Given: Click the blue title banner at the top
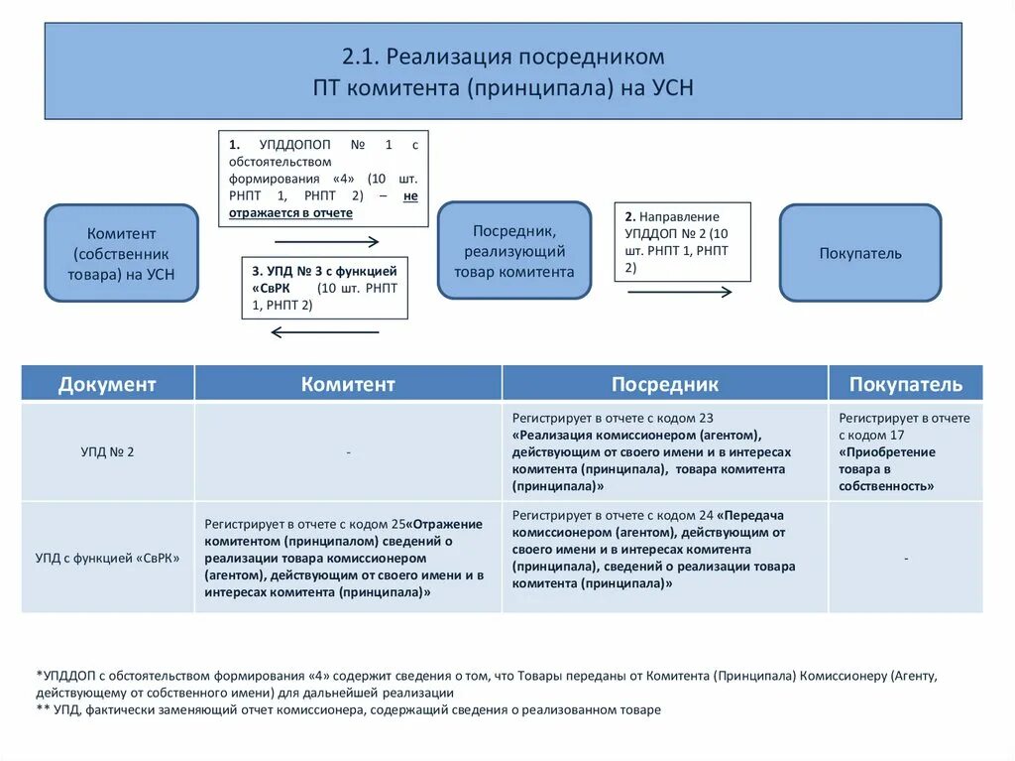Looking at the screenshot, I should (503, 71).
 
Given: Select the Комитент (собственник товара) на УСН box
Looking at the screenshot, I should (122, 253).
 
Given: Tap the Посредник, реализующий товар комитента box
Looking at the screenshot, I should (513, 250).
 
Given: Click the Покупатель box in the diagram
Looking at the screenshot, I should (859, 253).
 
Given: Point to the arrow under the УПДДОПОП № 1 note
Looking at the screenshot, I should (326, 241).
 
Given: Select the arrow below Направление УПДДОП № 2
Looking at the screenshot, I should (679, 292).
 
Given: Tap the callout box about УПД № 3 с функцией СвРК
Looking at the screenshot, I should (324, 288).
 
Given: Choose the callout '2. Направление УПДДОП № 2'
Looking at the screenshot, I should (682, 242).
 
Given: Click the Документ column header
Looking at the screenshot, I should (107, 384).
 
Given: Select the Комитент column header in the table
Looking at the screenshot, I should (348, 384).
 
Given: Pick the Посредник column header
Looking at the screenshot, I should (664, 384).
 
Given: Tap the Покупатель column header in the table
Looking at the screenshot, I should (905, 384).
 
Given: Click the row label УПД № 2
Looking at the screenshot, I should (107, 451).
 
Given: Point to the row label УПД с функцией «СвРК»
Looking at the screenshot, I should (107, 558).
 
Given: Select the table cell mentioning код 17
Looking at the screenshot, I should (905, 451).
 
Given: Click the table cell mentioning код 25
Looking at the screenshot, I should (348, 558).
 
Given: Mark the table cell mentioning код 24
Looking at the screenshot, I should (664, 550).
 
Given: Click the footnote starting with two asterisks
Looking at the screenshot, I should (348, 710).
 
